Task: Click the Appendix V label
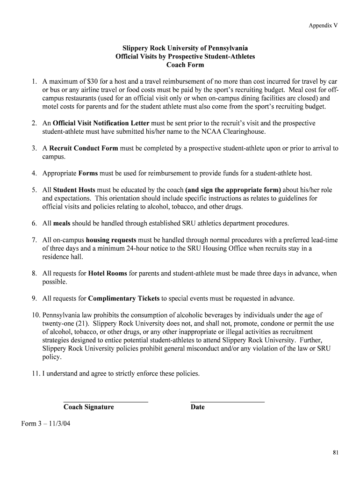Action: pos(323,25)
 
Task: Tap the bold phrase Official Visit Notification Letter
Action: pos(101,123)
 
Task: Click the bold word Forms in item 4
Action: pos(88,174)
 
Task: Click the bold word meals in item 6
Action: pos(62,224)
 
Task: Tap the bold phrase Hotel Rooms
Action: pos(108,274)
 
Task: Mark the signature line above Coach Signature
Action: pos(106,402)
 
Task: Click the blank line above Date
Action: pos(228,402)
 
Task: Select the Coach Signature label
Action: pos(89,407)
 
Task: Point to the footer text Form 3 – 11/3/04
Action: pos(46,424)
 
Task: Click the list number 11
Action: pos(36,374)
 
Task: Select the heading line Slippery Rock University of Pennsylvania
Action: pos(185,48)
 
